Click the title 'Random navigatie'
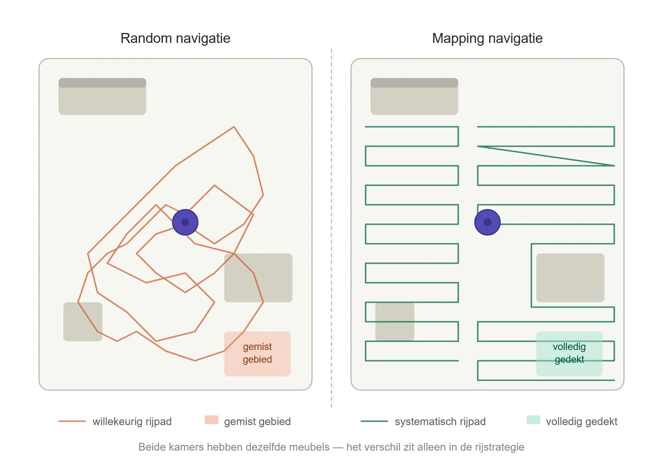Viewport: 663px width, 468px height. click(175, 38)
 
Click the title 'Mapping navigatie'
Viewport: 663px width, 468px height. click(487, 38)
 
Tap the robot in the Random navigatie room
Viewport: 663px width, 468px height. click(185, 222)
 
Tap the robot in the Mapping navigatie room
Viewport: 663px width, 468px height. click(487, 222)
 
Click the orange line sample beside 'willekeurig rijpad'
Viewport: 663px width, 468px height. click(72, 421)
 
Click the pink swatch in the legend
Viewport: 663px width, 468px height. click(211, 420)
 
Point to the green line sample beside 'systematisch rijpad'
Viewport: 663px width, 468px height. click(374, 421)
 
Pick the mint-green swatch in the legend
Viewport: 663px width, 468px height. click(533, 420)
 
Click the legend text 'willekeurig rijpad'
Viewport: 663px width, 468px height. click(132, 422)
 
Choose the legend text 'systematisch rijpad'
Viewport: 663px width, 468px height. click(440, 422)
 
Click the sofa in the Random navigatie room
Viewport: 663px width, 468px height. click(102, 96)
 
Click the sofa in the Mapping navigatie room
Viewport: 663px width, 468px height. click(414, 96)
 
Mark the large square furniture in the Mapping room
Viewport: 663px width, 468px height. click(570, 278)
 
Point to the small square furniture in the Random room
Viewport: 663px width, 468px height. click(83, 322)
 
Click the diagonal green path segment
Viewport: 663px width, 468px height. click(546, 156)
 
